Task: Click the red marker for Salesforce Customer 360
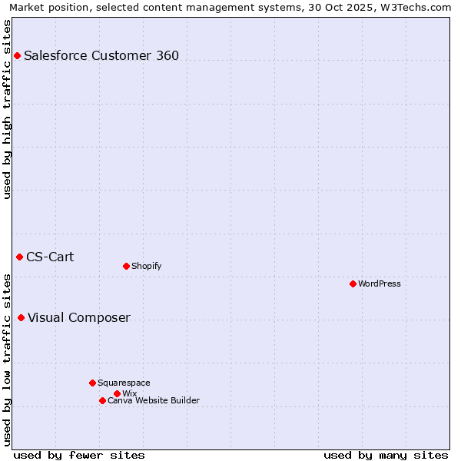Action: tap(17, 55)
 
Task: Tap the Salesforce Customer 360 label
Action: tap(101, 55)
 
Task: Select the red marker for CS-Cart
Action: tap(19, 257)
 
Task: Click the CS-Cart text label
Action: tap(50, 257)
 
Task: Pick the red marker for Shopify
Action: tap(126, 266)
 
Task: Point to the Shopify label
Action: tap(146, 266)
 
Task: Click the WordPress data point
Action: tap(353, 284)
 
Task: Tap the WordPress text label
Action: tap(380, 284)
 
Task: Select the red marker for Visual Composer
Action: tap(21, 317)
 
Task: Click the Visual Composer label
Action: tap(79, 318)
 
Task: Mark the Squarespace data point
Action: tap(92, 383)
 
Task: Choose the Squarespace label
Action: tap(124, 383)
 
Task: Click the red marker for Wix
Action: tap(117, 393)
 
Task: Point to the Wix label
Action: tap(129, 393)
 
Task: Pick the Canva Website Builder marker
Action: tap(102, 400)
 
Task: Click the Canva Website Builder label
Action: tap(154, 400)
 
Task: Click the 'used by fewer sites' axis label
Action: tap(79, 455)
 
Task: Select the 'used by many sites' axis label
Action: tap(386, 455)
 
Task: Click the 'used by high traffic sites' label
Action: tap(8, 109)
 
